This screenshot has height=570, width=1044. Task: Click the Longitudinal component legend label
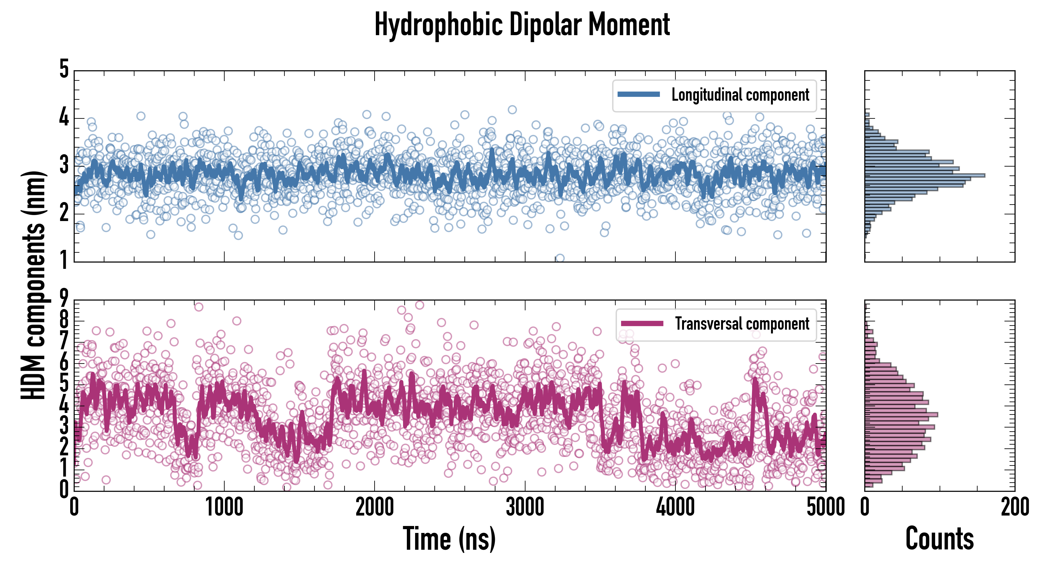pyautogui.click(x=740, y=95)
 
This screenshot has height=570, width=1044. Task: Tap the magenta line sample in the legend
pyautogui.click(x=642, y=323)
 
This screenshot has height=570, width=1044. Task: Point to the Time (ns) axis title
pyautogui.click(x=449, y=539)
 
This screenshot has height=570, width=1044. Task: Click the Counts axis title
pyautogui.click(x=939, y=539)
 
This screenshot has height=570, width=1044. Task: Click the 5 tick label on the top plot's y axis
pyautogui.click(x=64, y=69)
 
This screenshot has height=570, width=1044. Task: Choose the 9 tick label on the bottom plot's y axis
pyautogui.click(x=64, y=299)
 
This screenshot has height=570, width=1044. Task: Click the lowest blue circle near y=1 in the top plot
pyautogui.click(x=560, y=258)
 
